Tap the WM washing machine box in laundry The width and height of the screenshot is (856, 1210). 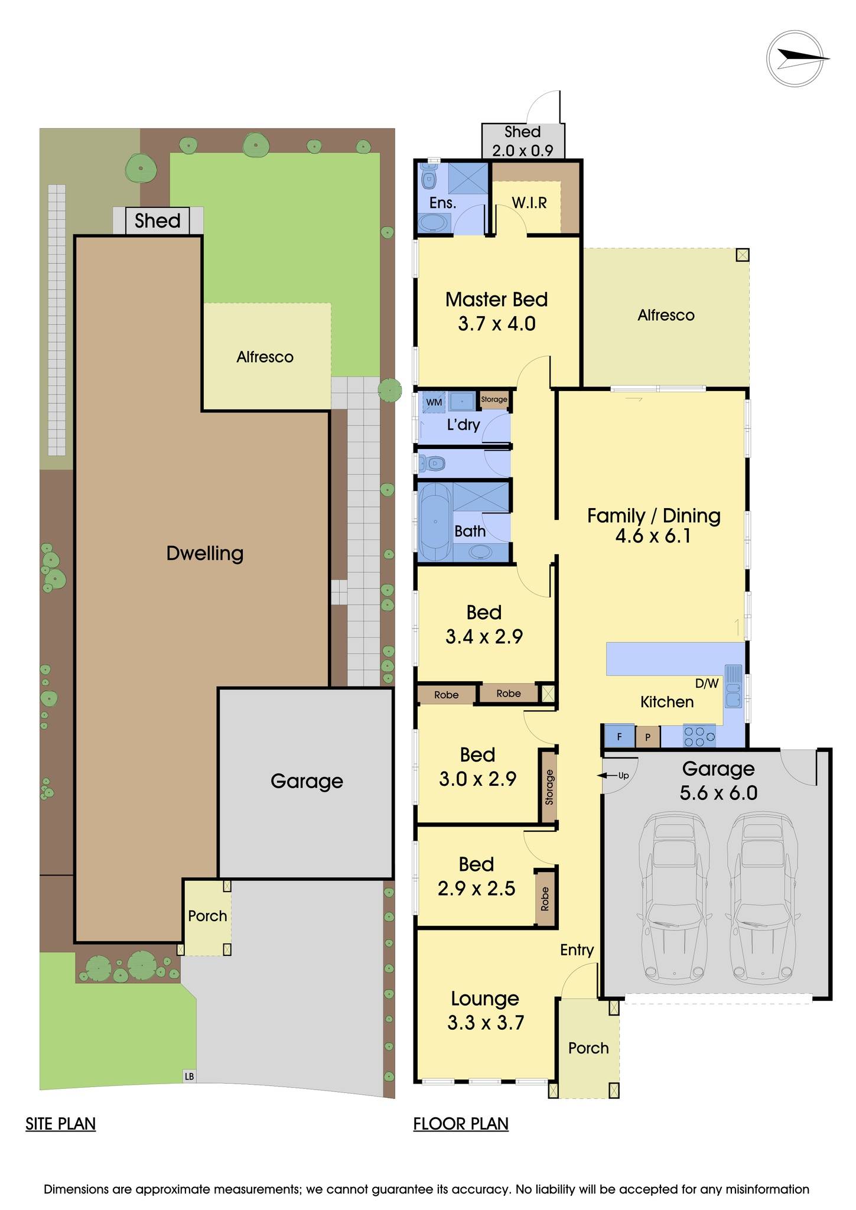pyautogui.click(x=434, y=402)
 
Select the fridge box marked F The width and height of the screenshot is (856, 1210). pyautogui.click(x=619, y=737)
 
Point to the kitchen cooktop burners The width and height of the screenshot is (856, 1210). pyautogui.click(x=699, y=736)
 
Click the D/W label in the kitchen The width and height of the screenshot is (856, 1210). pyautogui.click(x=707, y=684)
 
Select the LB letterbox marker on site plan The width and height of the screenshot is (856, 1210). pyautogui.click(x=189, y=1076)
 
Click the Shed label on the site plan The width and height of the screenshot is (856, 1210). pyautogui.click(x=157, y=221)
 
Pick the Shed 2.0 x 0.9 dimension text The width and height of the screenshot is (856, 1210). pyautogui.click(x=523, y=151)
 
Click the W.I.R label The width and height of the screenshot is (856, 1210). pyautogui.click(x=529, y=203)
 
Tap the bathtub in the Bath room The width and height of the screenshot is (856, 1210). pyautogui.click(x=435, y=522)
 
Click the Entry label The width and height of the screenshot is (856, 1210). pyautogui.click(x=577, y=949)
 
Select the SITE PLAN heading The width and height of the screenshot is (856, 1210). pyautogui.click(x=60, y=1123)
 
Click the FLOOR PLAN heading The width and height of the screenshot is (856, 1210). pyautogui.click(x=461, y=1123)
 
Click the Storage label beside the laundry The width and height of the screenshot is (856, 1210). pyautogui.click(x=494, y=399)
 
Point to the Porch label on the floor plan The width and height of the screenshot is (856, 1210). pyautogui.click(x=588, y=1048)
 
